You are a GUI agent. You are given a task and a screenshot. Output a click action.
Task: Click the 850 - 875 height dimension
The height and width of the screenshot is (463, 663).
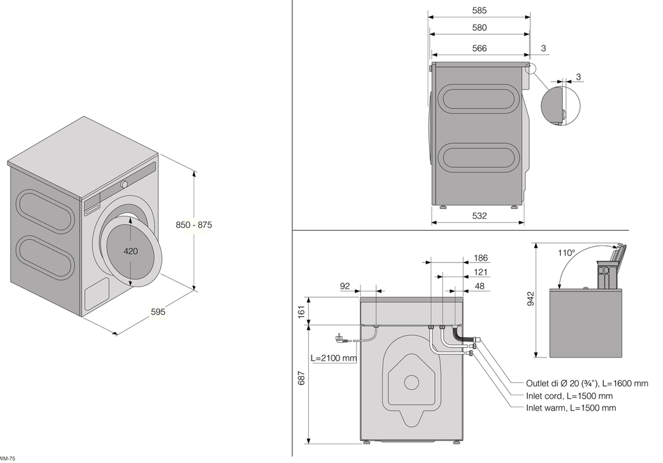(x=194, y=225)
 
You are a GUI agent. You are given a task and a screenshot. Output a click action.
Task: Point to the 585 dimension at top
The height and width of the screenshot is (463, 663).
(x=480, y=10)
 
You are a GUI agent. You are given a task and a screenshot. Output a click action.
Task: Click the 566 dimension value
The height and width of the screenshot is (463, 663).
(x=479, y=48)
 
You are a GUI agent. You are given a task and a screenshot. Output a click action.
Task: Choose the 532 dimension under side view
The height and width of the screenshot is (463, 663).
(x=479, y=216)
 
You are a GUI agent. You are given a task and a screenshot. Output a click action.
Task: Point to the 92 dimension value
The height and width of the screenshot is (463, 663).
(x=345, y=287)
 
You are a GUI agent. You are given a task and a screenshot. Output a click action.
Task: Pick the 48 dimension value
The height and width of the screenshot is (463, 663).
(x=479, y=287)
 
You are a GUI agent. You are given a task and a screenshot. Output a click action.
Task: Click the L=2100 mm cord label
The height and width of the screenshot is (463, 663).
(x=333, y=358)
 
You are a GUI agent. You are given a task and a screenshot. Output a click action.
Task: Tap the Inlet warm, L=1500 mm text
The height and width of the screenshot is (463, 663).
(x=571, y=408)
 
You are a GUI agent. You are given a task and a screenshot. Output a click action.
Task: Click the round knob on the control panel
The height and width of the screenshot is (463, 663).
(x=123, y=184)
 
